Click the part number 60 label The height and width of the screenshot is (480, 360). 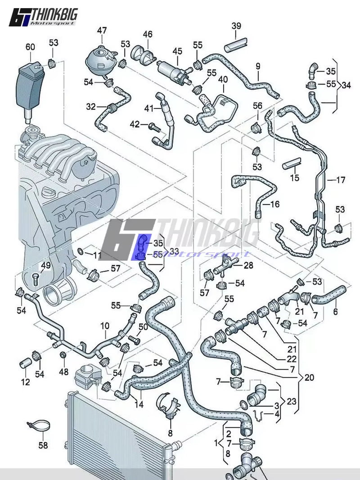point(30,46)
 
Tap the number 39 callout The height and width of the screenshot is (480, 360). point(236,26)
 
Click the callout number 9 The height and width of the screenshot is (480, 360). point(258,67)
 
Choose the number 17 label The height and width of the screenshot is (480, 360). point(340,180)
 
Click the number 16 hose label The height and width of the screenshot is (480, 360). point(274,204)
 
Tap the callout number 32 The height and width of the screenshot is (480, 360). point(91,107)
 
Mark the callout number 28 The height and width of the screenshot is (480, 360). point(248,266)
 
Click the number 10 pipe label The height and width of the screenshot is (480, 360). point(104,325)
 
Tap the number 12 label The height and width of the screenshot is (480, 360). point(25,382)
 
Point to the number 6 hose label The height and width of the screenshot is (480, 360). point(335,312)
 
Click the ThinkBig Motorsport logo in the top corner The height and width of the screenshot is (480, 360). point(43,16)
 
